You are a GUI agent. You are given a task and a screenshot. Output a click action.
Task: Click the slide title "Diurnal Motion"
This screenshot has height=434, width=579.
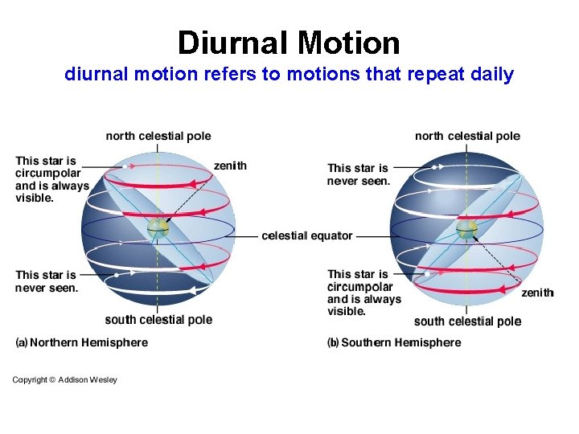pyautogui.click(x=289, y=42)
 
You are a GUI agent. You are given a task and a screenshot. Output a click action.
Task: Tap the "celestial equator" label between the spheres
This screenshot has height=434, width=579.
pyautogui.click(x=307, y=235)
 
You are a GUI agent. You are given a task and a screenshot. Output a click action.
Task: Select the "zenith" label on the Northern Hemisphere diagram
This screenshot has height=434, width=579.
pyautogui.click(x=230, y=166)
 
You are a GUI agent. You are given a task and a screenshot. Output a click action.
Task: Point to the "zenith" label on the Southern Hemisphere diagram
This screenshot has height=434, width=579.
pyautogui.click(x=537, y=293)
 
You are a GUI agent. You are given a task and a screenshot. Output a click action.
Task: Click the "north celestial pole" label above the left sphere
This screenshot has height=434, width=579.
pyautogui.click(x=158, y=136)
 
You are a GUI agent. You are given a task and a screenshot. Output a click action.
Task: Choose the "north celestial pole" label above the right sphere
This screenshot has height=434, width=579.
pyautogui.click(x=467, y=136)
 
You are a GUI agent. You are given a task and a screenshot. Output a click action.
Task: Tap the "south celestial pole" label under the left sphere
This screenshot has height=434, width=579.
pyautogui.click(x=158, y=320)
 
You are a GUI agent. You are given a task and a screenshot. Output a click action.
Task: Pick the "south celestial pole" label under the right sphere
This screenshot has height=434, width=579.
pyautogui.click(x=467, y=321)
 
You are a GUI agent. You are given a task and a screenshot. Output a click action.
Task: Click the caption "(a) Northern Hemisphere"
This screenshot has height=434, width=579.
pyautogui.click(x=82, y=342)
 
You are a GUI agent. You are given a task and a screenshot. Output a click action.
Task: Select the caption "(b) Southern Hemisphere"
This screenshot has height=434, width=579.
pyautogui.click(x=394, y=342)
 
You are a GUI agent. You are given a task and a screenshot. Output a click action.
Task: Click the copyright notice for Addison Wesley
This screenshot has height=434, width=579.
pyautogui.click(x=64, y=379)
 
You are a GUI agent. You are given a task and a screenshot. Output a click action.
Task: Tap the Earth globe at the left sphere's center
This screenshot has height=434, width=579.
pyautogui.click(x=158, y=229)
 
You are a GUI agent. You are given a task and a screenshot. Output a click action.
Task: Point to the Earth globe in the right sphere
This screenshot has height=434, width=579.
pyautogui.click(x=466, y=230)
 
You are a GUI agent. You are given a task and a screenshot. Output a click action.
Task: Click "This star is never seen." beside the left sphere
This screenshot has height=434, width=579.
pyautogui.click(x=47, y=281)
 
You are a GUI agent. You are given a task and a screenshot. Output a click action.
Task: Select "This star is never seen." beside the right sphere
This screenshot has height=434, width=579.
pyautogui.click(x=359, y=174)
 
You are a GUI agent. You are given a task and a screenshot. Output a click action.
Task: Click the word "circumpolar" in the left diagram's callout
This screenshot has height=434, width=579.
pyautogui.click(x=48, y=173)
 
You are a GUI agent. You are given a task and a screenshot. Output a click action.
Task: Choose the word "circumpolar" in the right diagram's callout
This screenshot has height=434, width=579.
pyautogui.click(x=360, y=287)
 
